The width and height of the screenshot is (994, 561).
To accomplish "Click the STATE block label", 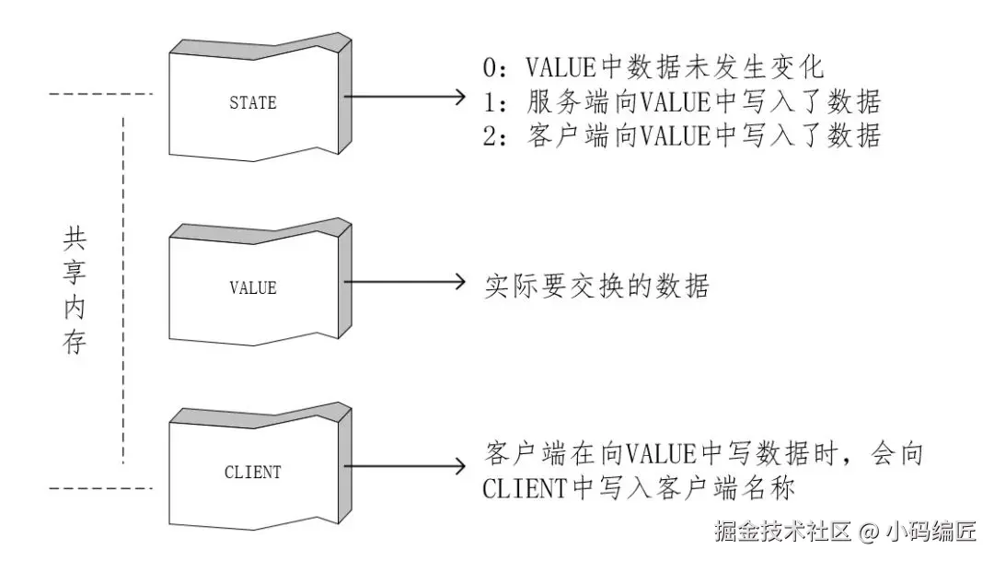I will coord(252,102).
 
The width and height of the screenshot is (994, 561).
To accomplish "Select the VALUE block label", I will coord(252,287).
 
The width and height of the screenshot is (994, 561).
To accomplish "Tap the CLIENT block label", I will coord(252,473).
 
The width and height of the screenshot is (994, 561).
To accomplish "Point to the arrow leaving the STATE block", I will coord(405,96).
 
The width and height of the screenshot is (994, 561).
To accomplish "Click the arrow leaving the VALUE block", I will coord(405,282).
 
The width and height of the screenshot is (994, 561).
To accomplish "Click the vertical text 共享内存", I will coord(74,292).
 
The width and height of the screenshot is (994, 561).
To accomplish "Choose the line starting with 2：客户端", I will coord(682,135).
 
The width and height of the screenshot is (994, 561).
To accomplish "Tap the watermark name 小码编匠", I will coord(931,532).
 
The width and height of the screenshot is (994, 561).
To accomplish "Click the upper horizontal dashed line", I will coord(98,94).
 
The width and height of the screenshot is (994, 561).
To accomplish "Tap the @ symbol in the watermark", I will coord(870,532).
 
